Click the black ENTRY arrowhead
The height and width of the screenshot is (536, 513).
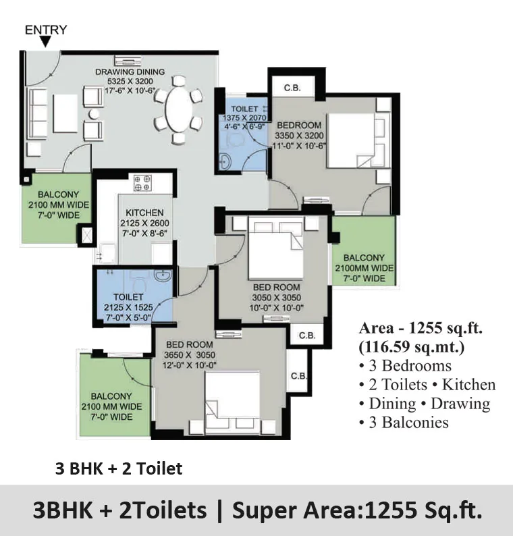point(45,42)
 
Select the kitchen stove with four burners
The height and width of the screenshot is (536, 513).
point(142,183)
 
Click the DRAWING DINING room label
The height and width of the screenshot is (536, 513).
point(130,72)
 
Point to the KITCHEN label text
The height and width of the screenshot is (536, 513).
point(144,213)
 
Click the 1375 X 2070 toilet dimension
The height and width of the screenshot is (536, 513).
point(244,117)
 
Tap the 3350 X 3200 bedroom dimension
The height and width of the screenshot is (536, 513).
point(299,136)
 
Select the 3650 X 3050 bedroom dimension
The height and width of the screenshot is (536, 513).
point(190,355)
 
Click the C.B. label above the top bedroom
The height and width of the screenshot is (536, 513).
point(292,88)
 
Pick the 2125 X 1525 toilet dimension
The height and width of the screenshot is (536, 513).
point(128,307)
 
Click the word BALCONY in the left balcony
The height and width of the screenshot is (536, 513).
point(59,194)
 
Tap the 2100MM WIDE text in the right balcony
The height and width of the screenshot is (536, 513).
point(364,268)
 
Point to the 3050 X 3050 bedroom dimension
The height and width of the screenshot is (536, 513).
point(277,298)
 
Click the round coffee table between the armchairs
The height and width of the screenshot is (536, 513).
point(94,114)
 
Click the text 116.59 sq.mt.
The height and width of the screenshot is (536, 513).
point(412,347)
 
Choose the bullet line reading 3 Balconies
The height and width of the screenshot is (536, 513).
point(404,423)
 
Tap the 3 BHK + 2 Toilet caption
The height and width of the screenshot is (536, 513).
point(119,468)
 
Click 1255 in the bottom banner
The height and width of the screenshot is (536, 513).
point(391,510)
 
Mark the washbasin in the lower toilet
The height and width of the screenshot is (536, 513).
point(163,275)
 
